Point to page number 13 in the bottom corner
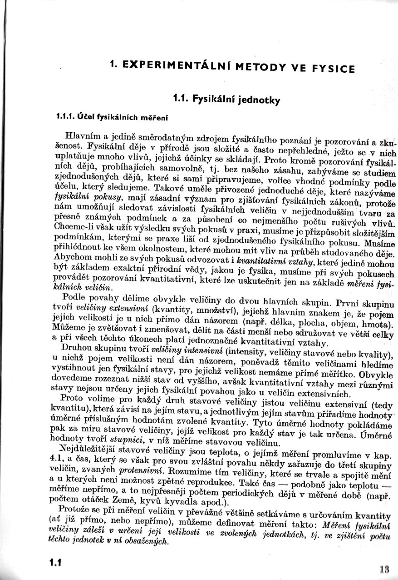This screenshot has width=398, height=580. [385, 568]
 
